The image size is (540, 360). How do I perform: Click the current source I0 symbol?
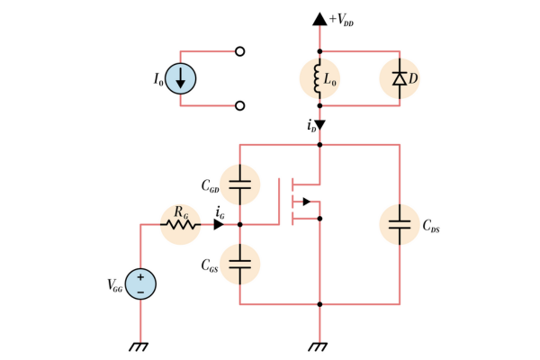coord(181,78)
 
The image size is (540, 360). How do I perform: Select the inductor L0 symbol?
coord(319,78)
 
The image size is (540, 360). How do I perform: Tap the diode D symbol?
coord(400,78)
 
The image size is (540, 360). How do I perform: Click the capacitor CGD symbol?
coord(239,184)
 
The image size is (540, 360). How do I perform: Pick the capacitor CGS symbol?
coord(239,264)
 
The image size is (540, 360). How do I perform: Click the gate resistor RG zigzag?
coord(181,224)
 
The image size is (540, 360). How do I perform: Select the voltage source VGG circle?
coord(140,283)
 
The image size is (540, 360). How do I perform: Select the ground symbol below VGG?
coord(140,346)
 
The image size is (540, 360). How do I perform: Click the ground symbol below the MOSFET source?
coord(319,346)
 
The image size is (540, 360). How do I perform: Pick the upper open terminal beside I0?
coord(239,51)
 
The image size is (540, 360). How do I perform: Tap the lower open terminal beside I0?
coord(239,105)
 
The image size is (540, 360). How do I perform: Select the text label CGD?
coord(210,189)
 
